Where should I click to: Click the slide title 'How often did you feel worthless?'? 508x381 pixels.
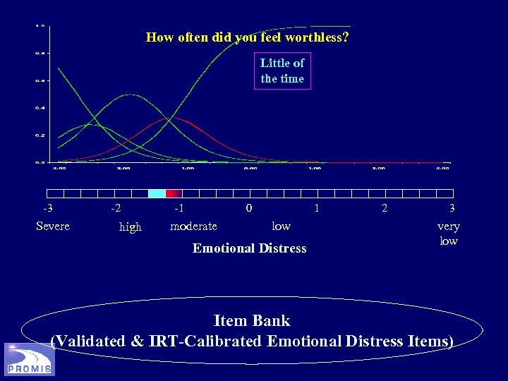pos(246,37)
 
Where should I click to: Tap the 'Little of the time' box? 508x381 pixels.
pos(282,71)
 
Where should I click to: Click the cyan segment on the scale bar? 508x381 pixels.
pos(157,193)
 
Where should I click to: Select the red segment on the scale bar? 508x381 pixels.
pos(174,193)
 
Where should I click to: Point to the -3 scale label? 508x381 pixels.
pos(47,209)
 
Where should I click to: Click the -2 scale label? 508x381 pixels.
pos(115,209)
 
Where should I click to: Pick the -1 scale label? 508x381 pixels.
pos(180,209)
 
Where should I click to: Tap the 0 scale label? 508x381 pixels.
pos(248,209)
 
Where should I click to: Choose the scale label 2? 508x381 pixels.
pos(384,209)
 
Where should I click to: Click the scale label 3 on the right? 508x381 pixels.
pos(452,209)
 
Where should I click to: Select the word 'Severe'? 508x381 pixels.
pos(53,226)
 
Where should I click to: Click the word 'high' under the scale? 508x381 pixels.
pos(131,227)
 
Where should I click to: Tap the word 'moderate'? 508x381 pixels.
pos(194,226)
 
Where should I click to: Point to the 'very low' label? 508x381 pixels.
pos(449,234)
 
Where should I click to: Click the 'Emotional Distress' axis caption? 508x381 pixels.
pos(250,248)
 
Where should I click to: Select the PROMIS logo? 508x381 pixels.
pos(29,359)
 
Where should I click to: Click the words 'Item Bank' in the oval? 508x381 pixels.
pos(252,321)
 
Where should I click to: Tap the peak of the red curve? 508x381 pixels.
pos(167,119)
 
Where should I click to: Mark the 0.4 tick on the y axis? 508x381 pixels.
pos(40,107)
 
